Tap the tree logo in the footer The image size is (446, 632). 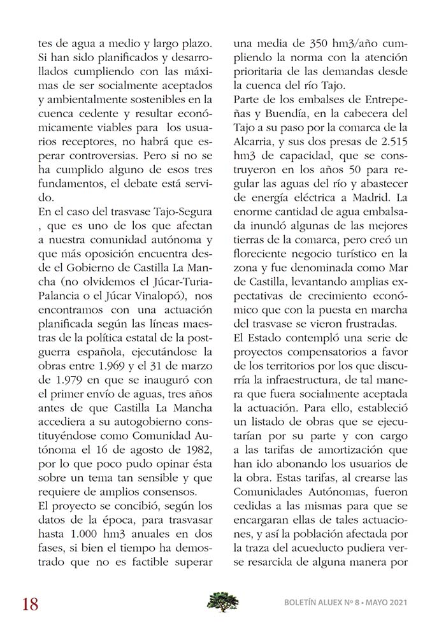[x=223, y=601]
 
